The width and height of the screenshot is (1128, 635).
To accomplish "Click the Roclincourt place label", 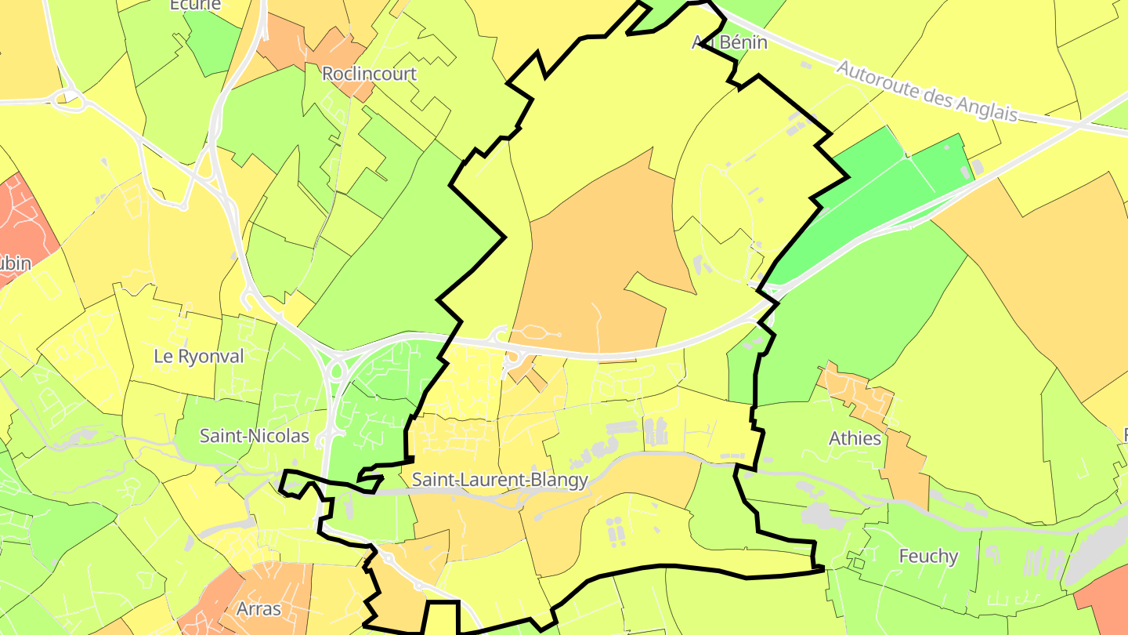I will (370, 74).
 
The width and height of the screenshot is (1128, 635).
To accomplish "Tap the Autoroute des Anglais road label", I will (927, 91).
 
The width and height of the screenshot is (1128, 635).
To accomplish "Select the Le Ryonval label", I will (199, 356).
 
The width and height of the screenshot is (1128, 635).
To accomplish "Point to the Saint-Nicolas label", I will (255, 435).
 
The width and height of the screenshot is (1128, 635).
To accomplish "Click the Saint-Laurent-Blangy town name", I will (500, 480).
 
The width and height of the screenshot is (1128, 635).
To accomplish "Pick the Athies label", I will (855, 438).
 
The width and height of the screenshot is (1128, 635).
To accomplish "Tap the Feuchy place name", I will (928, 556).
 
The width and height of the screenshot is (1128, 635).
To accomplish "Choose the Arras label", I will (258, 608).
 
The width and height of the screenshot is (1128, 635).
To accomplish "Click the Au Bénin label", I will (729, 42).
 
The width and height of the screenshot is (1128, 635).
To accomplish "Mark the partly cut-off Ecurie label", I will (195, 5).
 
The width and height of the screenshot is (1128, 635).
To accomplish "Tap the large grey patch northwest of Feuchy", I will (819, 515).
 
